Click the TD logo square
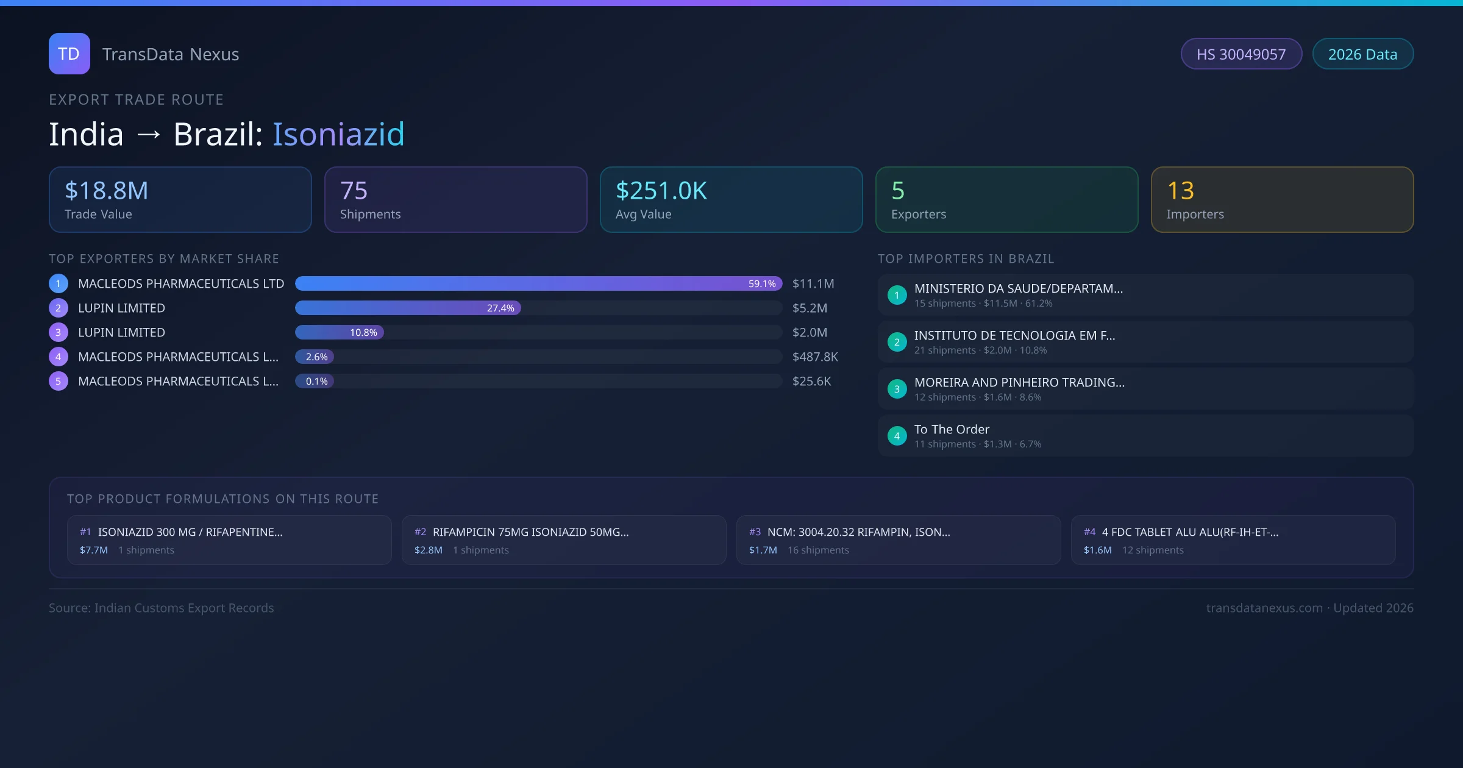pyautogui.click(x=69, y=54)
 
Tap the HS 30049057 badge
pyautogui.click(x=1241, y=54)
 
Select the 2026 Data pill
pyautogui.click(x=1362, y=54)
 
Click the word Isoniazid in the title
pyautogui.click(x=338, y=134)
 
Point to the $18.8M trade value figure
pyautogui.click(x=107, y=191)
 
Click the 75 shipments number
pyautogui.click(x=354, y=191)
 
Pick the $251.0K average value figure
pyautogui.click(x=661, y=191)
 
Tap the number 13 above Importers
pyautogui.click(x=1181, y=191)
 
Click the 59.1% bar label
pyautogui.click(x=762, y=284)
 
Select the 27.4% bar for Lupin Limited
pyautogui.click(x=408, y=308)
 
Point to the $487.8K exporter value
pyautogui.click(x=815, y=357)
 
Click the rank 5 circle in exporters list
pyautogui.click(x=59, y=382)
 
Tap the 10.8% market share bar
pyautogui.click(x=340, y=333)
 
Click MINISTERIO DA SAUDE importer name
pyautogui.click(x=1018, y=289)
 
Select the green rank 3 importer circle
pyautogui.click(x=897, y=389)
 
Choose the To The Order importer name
pyautogui.click(x=952, y=430)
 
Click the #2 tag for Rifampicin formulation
pyautogui.click(x=420, y=532)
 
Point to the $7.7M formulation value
pyautogui.click(x=94, y=550)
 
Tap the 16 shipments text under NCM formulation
pyautogui.click(x=818, y=550)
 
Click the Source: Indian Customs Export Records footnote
pyautogui.click(x=162, y=608)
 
